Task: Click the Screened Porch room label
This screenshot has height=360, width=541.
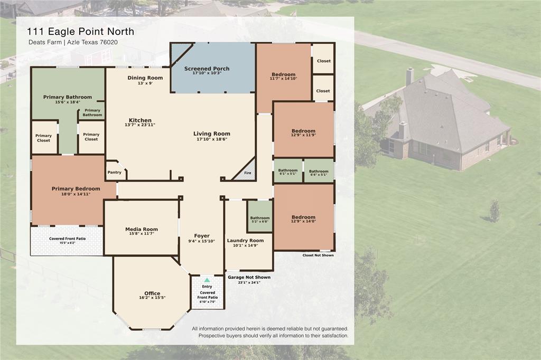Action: (207, 69)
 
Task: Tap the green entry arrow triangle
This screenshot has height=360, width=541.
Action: (207, 280)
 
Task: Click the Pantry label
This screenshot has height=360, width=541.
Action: (114, 173)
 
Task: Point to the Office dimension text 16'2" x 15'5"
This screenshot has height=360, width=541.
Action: (152, 298)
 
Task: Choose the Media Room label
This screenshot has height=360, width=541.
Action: (142, 229)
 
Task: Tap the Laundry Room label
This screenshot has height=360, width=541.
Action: (245, 240)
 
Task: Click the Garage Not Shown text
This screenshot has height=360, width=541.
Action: (249, 277)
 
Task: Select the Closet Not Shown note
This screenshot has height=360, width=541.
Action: (318, 255)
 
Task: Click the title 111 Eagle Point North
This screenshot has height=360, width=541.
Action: (80, 31)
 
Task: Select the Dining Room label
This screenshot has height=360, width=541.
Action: (145, 78)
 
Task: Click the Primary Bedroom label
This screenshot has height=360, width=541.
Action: (76, 188)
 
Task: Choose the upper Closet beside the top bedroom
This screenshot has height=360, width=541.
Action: (324, 61)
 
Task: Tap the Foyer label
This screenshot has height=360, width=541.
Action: (202, 236)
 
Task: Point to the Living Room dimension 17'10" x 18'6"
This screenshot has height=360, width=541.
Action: (212, 139)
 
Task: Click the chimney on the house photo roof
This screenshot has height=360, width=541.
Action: (409, 77)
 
